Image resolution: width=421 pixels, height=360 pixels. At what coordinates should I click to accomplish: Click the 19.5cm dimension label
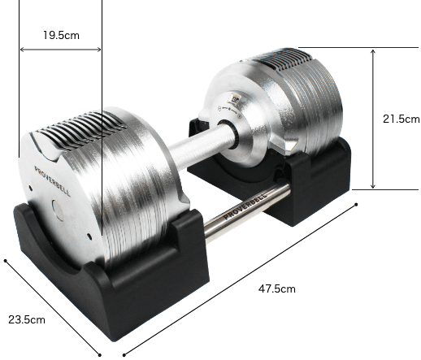[x=61, y=35]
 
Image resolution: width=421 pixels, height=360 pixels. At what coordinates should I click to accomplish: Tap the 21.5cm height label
[x=401, y=119]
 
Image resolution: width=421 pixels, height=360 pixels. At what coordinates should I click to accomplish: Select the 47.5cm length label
[x=277, y=288]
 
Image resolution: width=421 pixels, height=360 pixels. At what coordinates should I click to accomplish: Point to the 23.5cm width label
[x=27, y=319]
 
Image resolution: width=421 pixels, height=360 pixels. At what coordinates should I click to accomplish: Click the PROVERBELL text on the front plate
[x=52, y=181]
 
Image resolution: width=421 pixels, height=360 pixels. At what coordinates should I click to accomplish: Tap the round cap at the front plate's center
[x=58, y=210]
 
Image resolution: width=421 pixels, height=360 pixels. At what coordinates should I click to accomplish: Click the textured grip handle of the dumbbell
[x=200, y=147]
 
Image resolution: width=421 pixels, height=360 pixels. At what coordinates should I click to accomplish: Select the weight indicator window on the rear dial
[x=234, y=98]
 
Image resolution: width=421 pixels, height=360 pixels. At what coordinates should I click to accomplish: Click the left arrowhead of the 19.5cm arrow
[x=22, y=50]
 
